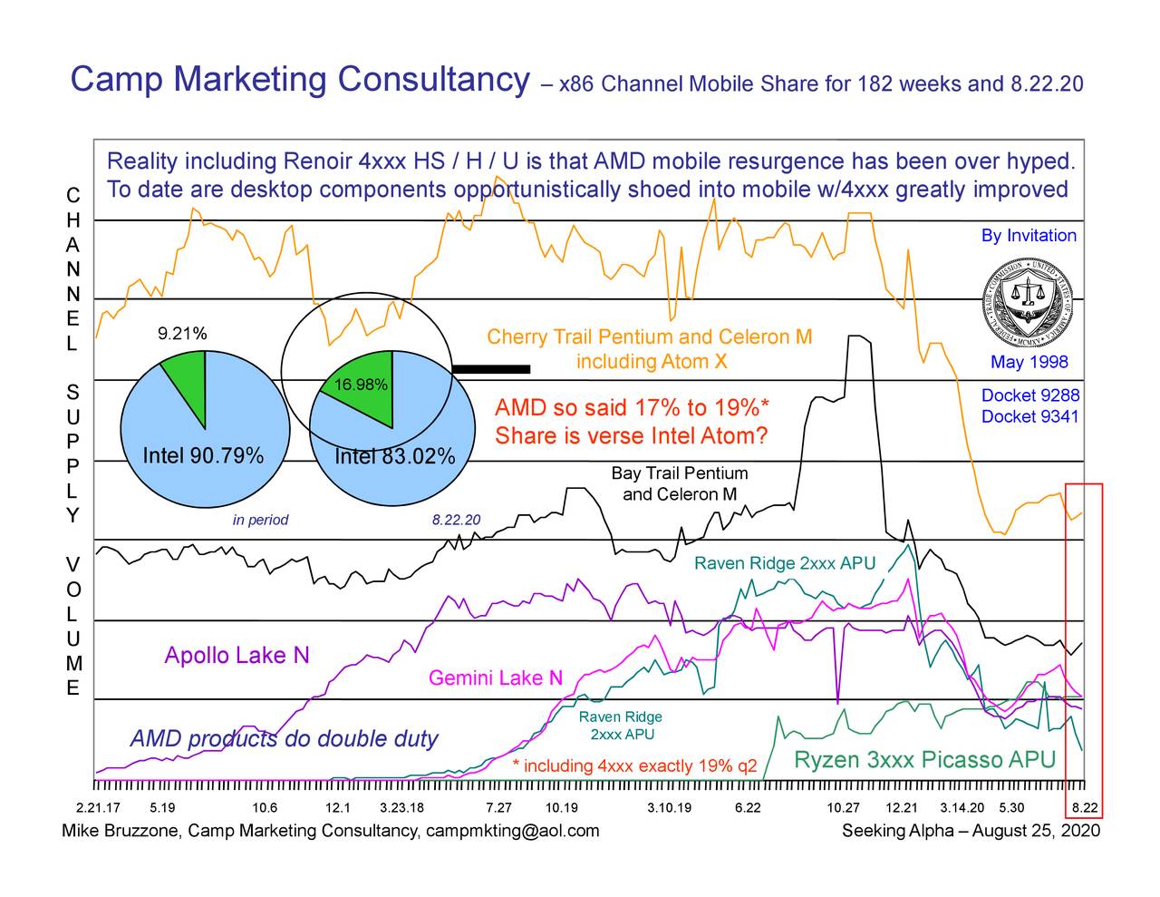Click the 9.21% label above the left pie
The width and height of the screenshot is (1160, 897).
coord(182,334)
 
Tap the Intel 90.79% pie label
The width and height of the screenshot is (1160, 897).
coord(203,454)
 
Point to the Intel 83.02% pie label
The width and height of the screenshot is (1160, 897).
coord(394,456)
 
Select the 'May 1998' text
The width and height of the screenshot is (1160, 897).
coord(1029,363)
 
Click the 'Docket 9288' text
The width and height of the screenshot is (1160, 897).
coord(1029,395)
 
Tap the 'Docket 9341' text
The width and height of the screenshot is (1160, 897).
coord(1029,416)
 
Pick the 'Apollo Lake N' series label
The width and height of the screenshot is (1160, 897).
coord(237,656)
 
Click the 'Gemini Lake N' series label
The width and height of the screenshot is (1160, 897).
coord(495,678)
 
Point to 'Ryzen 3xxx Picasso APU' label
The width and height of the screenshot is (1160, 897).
coord(924,760)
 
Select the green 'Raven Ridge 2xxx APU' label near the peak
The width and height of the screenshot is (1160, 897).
coord(784,564)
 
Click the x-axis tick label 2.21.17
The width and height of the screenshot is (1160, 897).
coord(97,808)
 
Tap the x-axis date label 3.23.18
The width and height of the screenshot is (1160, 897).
coord(401,808)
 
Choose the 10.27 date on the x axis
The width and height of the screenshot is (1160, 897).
coord(843,808)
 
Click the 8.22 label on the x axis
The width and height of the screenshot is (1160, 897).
coord(1085,808)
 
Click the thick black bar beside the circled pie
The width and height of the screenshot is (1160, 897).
coord(490,368)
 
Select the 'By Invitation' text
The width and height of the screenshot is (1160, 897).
coord(1029,236)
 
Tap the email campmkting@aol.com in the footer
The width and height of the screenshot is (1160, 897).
coord(512,831)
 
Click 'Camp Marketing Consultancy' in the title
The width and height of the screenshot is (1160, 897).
coord(299,81)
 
